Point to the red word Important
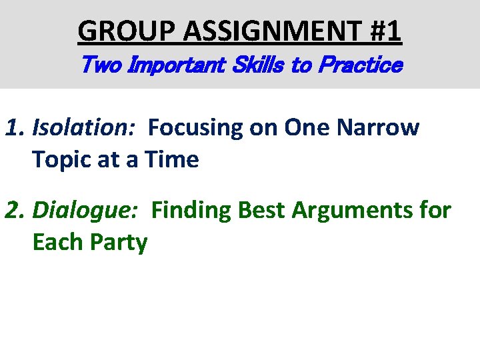[x=173, y=65]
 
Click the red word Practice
[x=360, y=65]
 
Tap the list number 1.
[x=13, y=127]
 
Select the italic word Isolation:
[x=84, y=127]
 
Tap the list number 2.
[x=13, y=210]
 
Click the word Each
[x=58, y=242]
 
